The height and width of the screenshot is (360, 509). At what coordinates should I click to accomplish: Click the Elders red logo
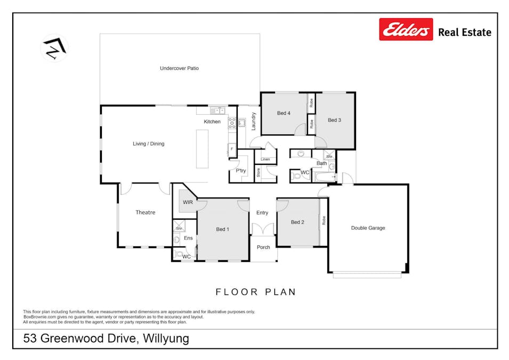[406, 29]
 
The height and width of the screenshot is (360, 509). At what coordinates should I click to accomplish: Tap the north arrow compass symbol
[54, 48]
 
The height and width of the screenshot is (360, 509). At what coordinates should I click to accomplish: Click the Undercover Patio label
[179, 68]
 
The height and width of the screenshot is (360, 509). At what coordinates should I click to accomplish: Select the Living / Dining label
[148, 143]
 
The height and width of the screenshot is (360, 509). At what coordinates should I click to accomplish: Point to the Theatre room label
[145, 212]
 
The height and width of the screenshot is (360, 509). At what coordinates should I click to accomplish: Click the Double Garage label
[368, 228]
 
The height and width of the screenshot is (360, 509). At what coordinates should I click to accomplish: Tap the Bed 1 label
[222, 229]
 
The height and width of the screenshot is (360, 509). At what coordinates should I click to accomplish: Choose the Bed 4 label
[284, 113]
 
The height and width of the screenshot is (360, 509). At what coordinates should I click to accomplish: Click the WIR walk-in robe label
[188, 202]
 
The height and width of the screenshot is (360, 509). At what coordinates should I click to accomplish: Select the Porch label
[263, 247]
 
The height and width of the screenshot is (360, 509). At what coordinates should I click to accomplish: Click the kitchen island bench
[202, 149]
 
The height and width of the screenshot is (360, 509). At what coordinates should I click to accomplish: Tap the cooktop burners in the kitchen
[232, 123]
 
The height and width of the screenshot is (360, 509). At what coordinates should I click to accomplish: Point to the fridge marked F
[232, 149]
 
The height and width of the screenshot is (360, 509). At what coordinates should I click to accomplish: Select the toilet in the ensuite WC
[179, 254]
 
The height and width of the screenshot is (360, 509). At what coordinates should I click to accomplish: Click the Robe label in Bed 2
[324, 221]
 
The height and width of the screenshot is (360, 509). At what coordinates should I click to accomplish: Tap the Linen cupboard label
[265, 159]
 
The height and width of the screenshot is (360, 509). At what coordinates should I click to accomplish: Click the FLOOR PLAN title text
[256, 292]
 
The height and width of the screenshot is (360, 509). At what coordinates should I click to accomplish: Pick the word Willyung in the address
[166, 339]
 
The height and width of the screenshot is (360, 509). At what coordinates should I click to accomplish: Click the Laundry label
[254, 122]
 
